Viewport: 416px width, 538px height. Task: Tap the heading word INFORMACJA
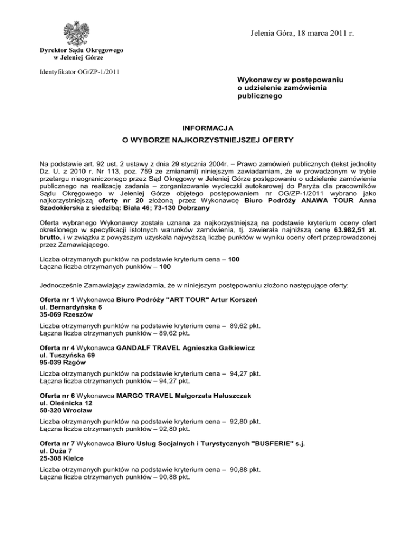click(x=208, y=128)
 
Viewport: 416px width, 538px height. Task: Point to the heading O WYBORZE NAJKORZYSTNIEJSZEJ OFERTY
click(x=208, y=141)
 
